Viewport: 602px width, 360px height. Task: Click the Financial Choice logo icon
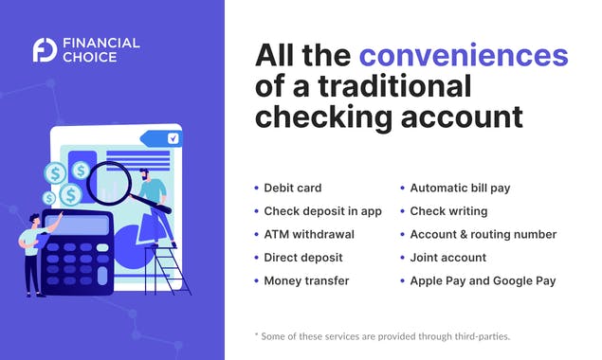click(x=44, y=49)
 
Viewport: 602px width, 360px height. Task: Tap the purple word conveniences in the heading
click(x=463, y=54)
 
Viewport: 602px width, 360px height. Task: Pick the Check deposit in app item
click(x=322, y=211)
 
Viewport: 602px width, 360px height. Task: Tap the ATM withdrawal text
click(x=309, y=234)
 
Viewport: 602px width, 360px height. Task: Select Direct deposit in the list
click(x=302, y=258)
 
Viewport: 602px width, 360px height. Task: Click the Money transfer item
click(x=306, y=281)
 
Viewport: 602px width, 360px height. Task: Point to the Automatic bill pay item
click(x=460, y=188)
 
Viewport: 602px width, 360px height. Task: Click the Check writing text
click(x=448, y=211)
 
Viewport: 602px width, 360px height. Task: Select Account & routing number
click(x=483, y=234)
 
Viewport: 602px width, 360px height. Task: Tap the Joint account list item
click(x=447, y=258)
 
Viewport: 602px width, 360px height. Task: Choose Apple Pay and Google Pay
click(x=483, y=281)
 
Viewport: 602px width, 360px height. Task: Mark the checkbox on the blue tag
click(x=173, y=138)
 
